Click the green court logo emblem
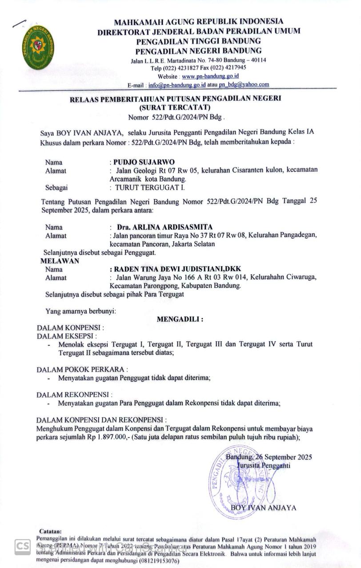pos(39,47)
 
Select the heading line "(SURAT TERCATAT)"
pos(175,107)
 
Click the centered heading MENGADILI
pos(180,319)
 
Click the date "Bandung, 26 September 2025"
pos(269,457)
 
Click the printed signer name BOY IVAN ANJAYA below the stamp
pos(263,508)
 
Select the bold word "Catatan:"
pos(50,531)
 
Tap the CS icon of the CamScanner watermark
pos(23,547)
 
